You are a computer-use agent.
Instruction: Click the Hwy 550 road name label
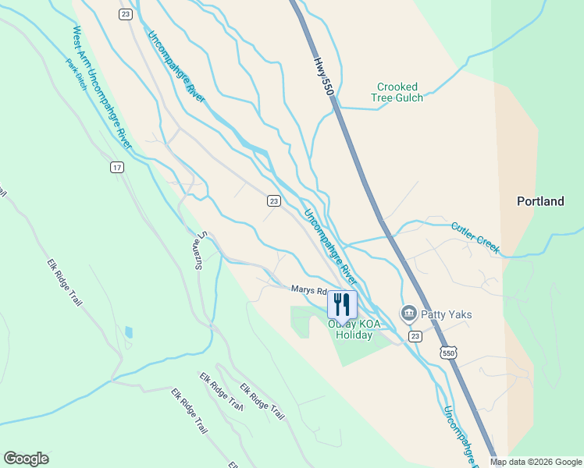(x=324, y=75)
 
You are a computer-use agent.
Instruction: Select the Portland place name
(x=540, y=201)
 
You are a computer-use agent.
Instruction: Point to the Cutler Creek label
(x=475, y=237)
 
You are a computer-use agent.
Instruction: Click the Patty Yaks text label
(x=447, y=314)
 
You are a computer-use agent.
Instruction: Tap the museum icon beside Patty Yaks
(x=408, y=314)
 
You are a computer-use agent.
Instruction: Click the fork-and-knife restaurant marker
(x=342, y=303)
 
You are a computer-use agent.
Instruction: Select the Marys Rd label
(x=308, y=290)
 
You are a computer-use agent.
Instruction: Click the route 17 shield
(x=116, y=168)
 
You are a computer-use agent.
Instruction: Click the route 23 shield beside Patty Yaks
(x=415, y=336)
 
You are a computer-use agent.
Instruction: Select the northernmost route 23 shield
(x=126, y=14)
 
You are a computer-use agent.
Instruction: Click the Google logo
(x=26, y=459)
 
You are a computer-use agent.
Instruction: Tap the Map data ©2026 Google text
(x=535, y=462)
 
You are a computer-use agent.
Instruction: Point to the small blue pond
(x=128, y=332)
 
